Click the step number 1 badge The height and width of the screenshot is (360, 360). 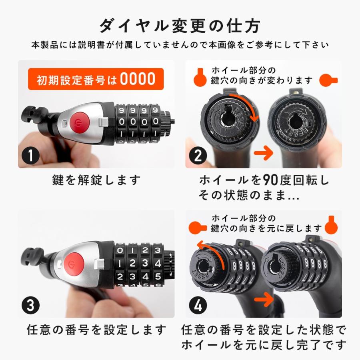(30, 156)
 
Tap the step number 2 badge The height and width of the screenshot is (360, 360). (198, 156)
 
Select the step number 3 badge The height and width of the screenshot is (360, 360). (30, 305)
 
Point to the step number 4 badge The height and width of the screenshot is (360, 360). (198, 305)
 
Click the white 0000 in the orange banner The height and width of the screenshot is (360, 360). (138, 79)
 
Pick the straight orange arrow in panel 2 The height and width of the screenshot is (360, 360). (264, 153)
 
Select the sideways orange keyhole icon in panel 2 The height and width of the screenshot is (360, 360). (328, 80)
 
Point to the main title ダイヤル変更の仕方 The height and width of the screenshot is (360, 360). (180, 26)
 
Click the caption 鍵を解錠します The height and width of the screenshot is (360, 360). (96, 180)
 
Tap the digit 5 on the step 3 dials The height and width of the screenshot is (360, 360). (158, 276)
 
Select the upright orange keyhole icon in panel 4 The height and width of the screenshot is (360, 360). (331, 224)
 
